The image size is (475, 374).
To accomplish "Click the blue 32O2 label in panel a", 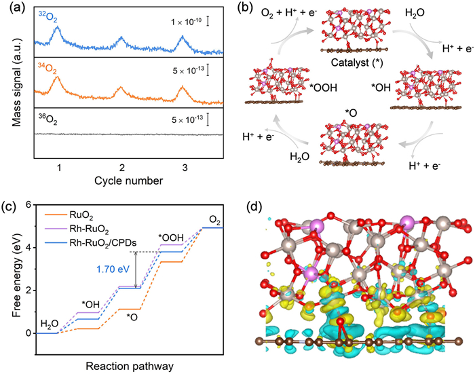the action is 48,18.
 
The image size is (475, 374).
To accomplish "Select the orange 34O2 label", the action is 47,68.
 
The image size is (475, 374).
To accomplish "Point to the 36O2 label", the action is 47,119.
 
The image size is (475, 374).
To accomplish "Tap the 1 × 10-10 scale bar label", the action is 187,22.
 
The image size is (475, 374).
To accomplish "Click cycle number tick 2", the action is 121,167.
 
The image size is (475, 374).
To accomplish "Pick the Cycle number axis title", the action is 128,181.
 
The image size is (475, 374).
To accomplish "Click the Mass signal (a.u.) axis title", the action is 17,83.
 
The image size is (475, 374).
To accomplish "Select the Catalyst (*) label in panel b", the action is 357,62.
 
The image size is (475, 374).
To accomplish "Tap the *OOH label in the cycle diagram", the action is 323,88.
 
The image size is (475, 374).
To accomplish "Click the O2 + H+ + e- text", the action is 289,14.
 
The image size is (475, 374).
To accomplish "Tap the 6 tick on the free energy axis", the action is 28,205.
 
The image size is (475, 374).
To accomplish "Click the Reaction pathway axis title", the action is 130,366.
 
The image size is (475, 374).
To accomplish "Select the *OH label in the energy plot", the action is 90,304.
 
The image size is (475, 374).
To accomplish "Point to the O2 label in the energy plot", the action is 214,221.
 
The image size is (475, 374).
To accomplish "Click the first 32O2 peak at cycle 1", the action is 57,26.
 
